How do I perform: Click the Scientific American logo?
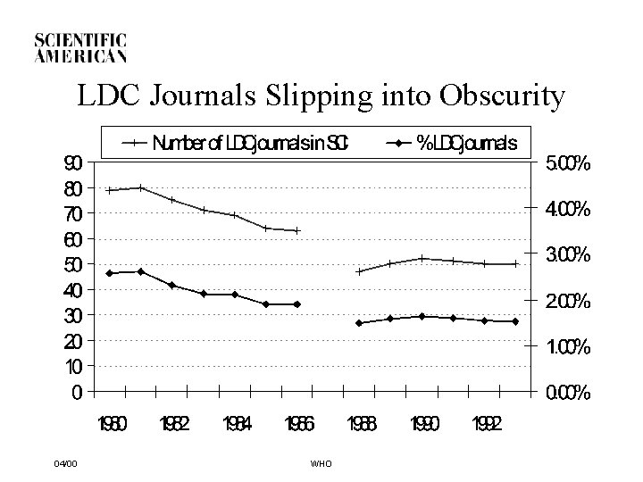80,47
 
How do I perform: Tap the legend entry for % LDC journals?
452,142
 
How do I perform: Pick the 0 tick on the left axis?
77,392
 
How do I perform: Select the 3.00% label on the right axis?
567,255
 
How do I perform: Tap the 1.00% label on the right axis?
567,347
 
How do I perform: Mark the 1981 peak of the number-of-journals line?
141,187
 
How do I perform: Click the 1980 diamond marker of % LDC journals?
110,272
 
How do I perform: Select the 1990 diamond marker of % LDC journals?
422,316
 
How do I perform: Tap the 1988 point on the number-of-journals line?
359,271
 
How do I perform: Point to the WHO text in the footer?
321,463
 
